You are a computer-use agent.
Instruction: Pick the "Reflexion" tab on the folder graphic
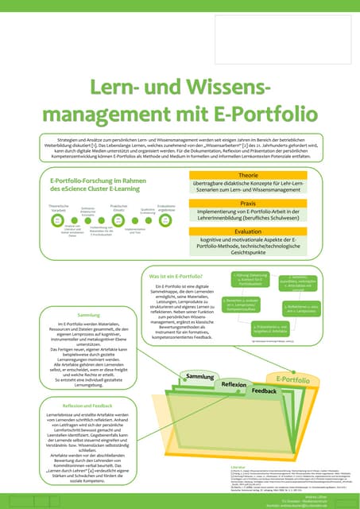pos(234,384)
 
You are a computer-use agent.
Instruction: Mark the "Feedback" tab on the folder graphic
pos(264,391)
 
